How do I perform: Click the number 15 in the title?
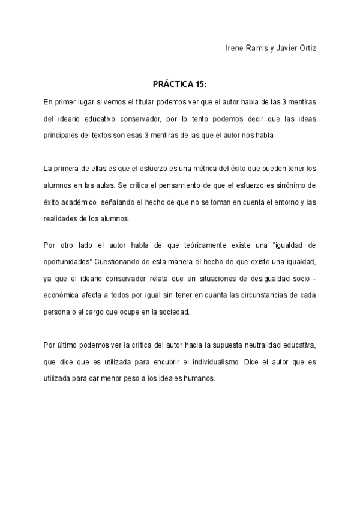200,85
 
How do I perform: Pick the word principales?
65,136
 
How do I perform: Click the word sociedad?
173,312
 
